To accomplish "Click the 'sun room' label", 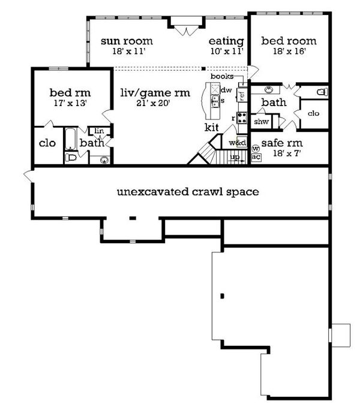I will pos(126,41).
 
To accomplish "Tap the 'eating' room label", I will pos(226,41).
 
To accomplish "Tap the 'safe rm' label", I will pos(281,143).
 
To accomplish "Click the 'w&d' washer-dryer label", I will pos(238,143).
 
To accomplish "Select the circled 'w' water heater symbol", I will pos(256,148).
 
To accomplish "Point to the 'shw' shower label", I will pos(262,122).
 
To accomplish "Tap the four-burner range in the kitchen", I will pos(242,117).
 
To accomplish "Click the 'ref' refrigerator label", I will pos(241,94).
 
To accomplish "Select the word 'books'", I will pos(221,76).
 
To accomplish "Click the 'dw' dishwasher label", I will pos(226,90).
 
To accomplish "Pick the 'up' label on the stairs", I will pos(235,158).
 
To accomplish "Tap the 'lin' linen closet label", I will pos(98,131).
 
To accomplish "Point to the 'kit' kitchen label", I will pos(212,127).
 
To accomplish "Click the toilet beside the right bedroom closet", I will pos(322,92).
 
